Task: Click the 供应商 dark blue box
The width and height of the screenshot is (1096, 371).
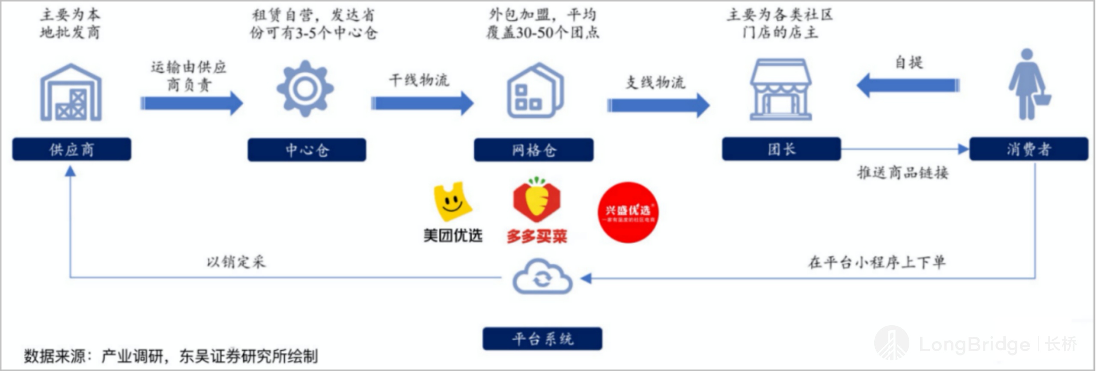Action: (x=71, y=149)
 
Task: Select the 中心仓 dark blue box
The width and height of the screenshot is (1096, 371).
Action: (x=307, y=150)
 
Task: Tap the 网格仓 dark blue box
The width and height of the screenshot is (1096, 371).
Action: (x=533, y=150)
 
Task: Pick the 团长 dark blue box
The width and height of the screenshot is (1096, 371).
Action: (x=781, y=149)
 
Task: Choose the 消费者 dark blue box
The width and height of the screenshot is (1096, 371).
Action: (x=1028, y=149)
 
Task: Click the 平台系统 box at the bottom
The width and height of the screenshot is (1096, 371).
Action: (x=542, y=339)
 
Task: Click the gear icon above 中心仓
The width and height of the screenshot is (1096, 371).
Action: (x=305, y=89)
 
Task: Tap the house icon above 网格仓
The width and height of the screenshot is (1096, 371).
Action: (x=535, y=91)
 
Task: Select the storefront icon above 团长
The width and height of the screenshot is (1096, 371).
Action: (x=780, y=90)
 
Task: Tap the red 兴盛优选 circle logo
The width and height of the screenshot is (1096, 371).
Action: (x=628, y=212)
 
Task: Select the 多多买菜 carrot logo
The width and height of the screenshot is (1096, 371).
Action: (x=536, y=199)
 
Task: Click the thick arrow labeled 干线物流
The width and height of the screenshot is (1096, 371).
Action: (x=422, y=103)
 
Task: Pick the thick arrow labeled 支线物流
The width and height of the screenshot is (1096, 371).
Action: (x=658, y=105)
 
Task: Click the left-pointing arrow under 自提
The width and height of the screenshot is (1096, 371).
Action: (x=908, y=85)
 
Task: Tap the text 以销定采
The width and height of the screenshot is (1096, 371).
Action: (x=236, y=261)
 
